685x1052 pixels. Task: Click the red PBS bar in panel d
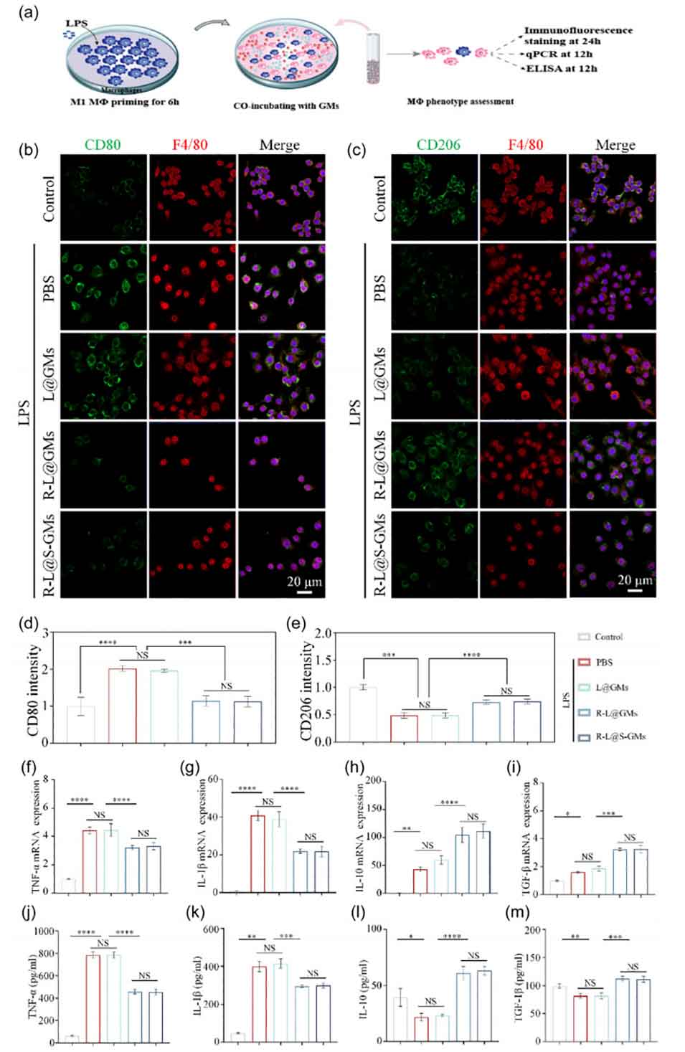coord(122,705)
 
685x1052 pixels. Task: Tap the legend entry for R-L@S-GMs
coord(620,736)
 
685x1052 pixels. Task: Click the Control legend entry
coord(608,637)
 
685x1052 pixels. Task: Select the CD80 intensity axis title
coord(33,688)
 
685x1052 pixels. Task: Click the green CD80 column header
coord(103,145)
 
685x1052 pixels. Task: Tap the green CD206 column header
coord(438,145)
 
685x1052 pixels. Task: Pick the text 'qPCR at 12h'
coord(559,55)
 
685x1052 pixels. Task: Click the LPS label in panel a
coord(77,24)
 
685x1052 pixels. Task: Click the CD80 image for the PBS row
coord(103,286)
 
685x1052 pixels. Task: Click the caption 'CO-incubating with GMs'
coord(286,106)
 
